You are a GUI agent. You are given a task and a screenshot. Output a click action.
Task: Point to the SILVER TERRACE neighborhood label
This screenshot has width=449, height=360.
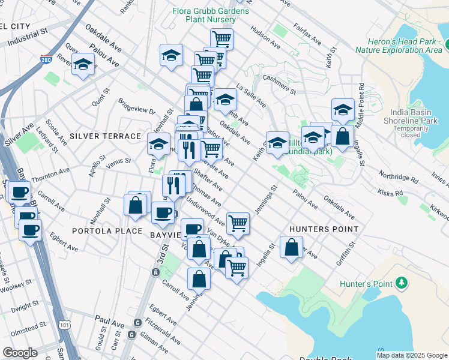(x=105, y=136)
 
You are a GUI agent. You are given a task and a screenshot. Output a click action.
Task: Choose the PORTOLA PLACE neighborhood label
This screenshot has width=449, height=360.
(x=107, y=231)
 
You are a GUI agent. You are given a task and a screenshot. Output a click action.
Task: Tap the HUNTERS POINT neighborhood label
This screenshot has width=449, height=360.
(x=324, y=229)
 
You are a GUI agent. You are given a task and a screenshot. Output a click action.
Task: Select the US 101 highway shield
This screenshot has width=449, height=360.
(x=65, y=325)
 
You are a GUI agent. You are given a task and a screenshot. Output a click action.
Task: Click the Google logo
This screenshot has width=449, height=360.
(x=20, y=353)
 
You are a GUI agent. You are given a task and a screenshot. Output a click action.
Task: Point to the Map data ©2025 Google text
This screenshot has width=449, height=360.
(x=411, y=355)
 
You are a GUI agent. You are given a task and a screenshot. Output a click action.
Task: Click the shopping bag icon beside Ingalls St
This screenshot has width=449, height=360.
(x=291, y=248)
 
